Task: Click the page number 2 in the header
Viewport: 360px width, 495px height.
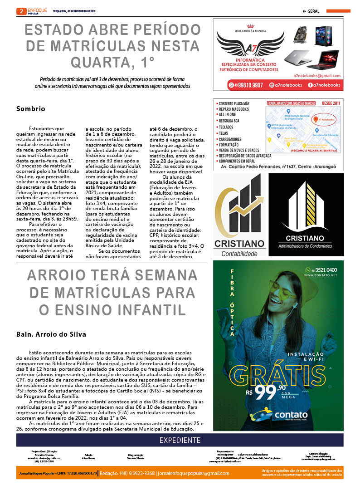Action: pyautogui.click(x=20, y=11)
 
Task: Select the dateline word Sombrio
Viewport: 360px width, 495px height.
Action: pyautogui.click(x=31, y=109)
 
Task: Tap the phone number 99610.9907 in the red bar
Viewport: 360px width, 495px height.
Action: pyautogui.click(x=248, y=85)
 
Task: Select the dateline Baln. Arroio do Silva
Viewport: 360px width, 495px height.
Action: pyautogui.click(x=51, y=334)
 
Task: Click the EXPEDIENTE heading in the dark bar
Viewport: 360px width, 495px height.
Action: pyautogui.click(x=180, y=440)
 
